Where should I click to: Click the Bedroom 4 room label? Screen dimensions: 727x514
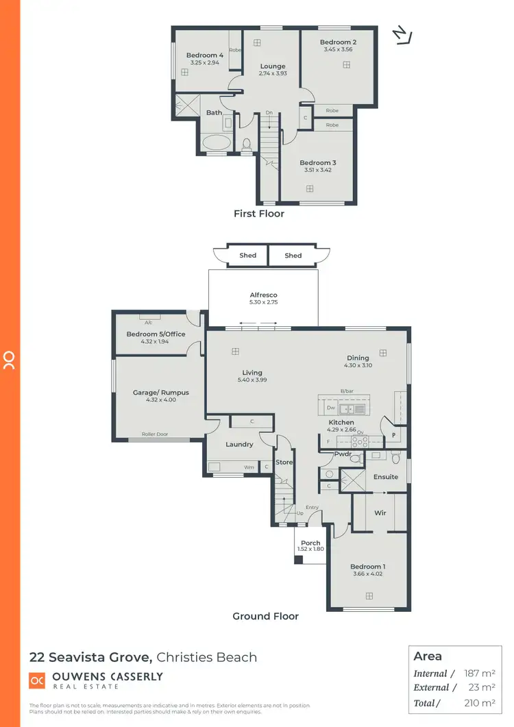tap(205, 56)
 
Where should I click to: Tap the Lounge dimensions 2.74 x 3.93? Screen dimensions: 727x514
tap(273, 74)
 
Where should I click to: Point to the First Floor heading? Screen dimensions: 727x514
tap(259, 214)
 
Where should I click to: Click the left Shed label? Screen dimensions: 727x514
tap(247, 256)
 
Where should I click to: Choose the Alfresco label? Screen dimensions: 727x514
tap(263, 295)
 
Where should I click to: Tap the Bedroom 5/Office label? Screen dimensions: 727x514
tap(156, 334)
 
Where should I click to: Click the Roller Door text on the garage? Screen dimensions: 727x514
tap(155, 434)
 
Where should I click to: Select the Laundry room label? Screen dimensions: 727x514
tap(239, 444)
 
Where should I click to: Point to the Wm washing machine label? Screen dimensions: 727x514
tap(249, 468)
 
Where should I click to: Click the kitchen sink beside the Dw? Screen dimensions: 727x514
tap(354, 409)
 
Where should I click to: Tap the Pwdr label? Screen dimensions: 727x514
tap(343, 454)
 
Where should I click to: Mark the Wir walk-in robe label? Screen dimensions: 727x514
tap(380, 512)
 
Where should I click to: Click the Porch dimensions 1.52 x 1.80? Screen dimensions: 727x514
tap(310, 550)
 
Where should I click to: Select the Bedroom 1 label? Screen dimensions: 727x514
tap(368, 567)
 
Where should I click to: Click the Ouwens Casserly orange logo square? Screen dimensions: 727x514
tap(37, 680)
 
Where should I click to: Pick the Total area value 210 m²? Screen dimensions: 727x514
tap(480, 703)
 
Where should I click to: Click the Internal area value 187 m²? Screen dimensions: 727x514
tap(480, 674)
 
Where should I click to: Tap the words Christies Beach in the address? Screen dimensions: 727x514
tap(207, 657)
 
